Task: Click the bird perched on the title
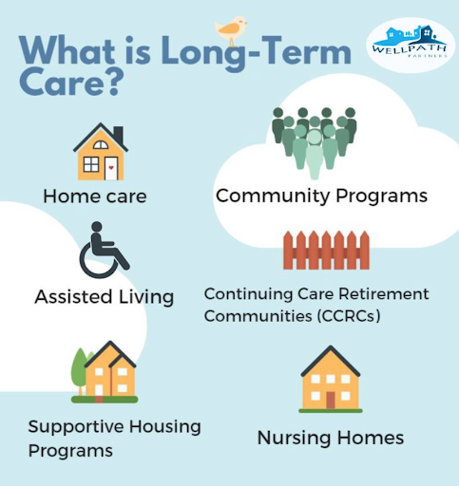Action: click(x=231, y=30)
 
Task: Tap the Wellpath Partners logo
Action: click(x=411, y=46)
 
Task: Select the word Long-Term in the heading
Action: click(x=256, y=51)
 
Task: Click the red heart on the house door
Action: click(x=111, y=168)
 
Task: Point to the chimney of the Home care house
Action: click(x=119, y=135)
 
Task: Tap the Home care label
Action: click(x=95, y=196)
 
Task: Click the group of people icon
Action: click(x=315, y=142)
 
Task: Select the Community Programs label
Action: click(x=321, y=196)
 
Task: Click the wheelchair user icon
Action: click(x=104, y=250)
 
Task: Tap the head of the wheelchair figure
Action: click(x=97, y=227)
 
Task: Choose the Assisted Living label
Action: click(x=105, y=297)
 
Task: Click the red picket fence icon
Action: click(x=326, y=251)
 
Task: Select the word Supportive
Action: click(x=76, y=427)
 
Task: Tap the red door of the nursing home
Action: click(x=331, y=400)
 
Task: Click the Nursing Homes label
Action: click(x=331, y=439)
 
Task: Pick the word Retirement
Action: click(x=384, y=294)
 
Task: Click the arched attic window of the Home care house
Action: click(x=101, y=145)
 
